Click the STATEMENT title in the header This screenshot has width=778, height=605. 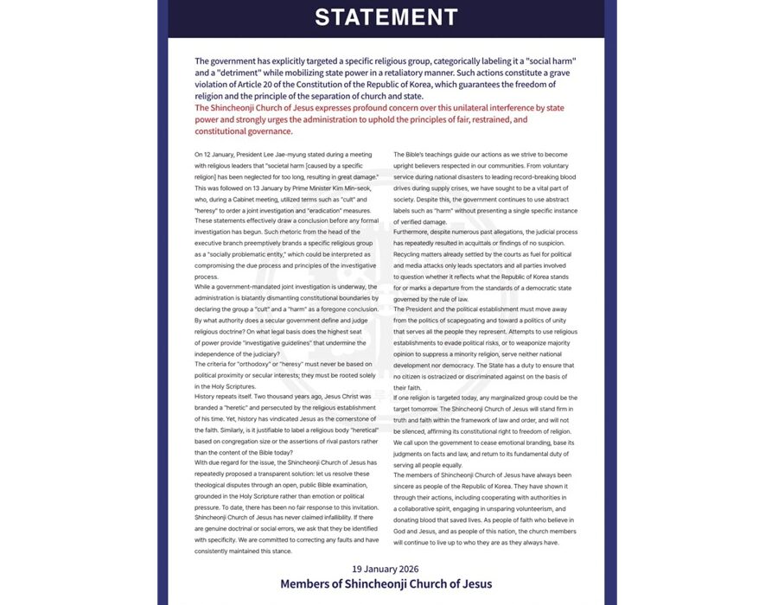386,17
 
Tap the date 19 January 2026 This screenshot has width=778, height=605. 386,568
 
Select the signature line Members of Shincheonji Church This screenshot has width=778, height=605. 386,584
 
